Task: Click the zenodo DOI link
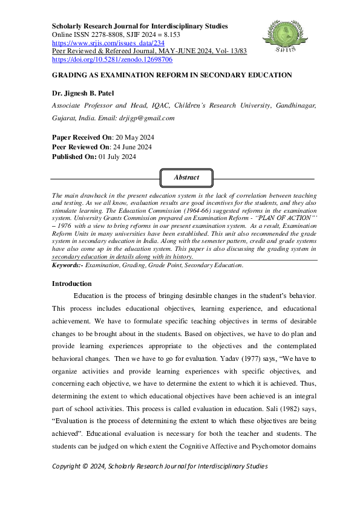[113, 60]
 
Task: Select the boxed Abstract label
[186, 178]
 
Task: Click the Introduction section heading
[72, 284]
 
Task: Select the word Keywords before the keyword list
[67, 265]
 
